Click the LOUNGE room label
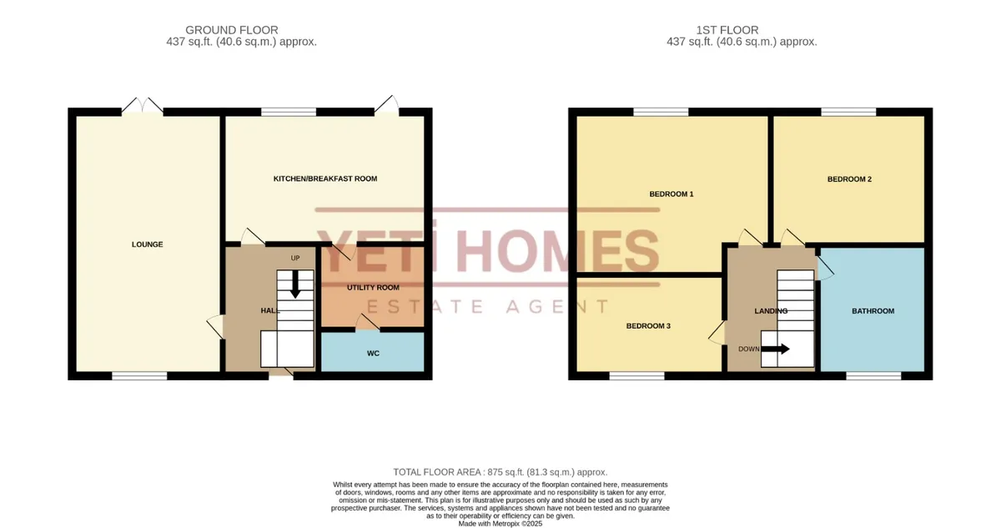point(147,244)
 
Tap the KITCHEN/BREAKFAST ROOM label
point(325,179)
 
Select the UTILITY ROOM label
point(373,288)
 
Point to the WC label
point(373,354)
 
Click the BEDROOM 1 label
point(672,194)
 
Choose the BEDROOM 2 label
point(849,179)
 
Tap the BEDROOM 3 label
point(648,326)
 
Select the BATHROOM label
point(873,311)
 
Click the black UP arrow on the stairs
point(295,284)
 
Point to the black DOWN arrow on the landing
point(775,349)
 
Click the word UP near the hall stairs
point(295,259)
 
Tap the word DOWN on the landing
point(749,349)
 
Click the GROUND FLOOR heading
point(232,30)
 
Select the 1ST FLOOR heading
point(727,30)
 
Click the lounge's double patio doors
point(142,105)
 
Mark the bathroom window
point(873,376)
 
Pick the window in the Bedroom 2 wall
point(848,112)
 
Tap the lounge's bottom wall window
point(139,376)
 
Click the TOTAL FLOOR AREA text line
point(500,472)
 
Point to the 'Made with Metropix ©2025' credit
point(500,524)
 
